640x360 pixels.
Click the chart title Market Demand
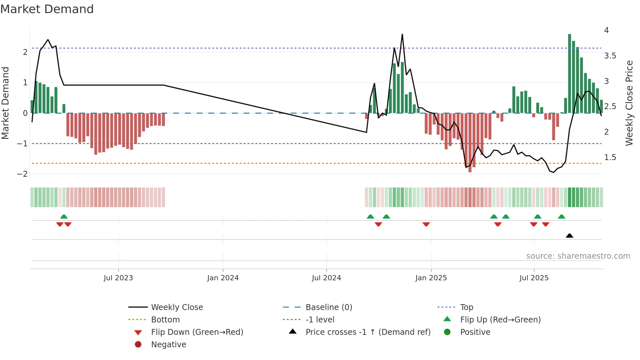[x=47, y=9]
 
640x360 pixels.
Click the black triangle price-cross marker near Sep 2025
[x=569, y=236]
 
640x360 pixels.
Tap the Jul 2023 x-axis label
[x=118, y=278]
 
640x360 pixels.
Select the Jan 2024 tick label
[x=223, y=278]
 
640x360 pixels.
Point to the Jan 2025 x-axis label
[x=431, y=278]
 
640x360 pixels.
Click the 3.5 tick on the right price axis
[x=610, y=56]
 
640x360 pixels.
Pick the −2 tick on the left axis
[x=22, y=174]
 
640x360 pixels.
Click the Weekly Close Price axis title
[x=629, y=103]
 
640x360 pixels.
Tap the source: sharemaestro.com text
[x=578, y=256]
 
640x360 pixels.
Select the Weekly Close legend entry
[x=177, y=307]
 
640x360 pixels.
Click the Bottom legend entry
[x=165, y=320]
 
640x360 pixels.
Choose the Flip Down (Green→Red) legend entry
[x=197, y=332]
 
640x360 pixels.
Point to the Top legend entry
[x=467, y=307]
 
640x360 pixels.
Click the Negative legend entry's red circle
[x=138, y=345]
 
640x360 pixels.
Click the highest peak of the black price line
[x=402, y=35]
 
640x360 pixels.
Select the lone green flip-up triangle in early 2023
[x=64, y=217]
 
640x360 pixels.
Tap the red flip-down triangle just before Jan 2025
[x=426, y=224]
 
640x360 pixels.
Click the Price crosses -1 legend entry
[x=368, y=332]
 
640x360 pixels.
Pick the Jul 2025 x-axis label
[x=534, y=278]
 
